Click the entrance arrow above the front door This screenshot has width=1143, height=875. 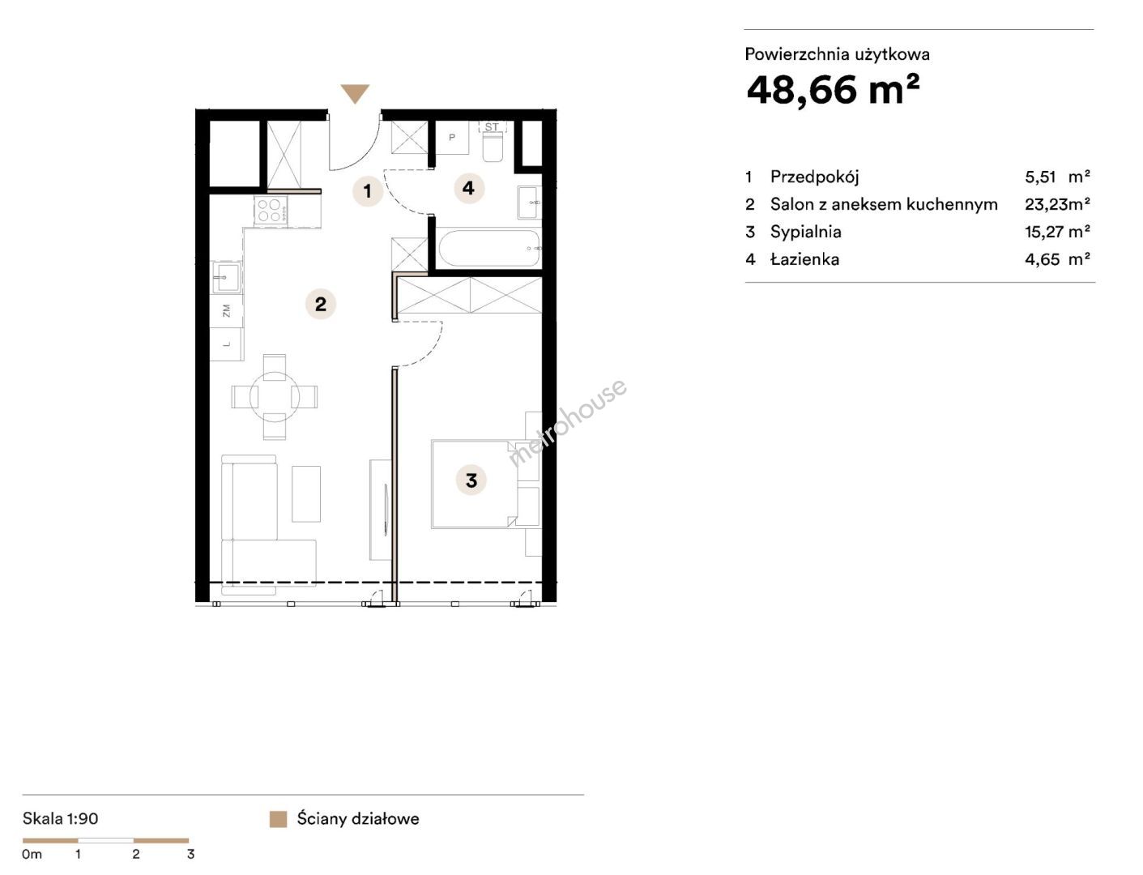[355, 93]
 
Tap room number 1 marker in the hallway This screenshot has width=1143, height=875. [368, 191]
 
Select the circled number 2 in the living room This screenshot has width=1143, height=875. [320, 304]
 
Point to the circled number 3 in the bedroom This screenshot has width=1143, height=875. [471, 480]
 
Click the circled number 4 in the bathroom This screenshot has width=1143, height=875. [469, 188]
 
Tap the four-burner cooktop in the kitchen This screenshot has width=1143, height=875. [271, 210]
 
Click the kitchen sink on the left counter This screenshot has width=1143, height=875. [226, 277]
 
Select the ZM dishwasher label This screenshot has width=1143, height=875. [227, 311]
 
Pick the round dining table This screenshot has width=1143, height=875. [275, 397]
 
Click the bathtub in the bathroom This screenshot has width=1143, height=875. [488, 249]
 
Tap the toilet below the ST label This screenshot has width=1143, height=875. [493, 146]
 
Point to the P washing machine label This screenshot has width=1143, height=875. [452, 138]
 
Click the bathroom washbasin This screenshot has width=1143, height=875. [529, 202]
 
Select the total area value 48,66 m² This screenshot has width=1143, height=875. [833, 89]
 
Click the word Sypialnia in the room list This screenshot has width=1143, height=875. [805, 232]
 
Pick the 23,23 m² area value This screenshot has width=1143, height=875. [1057, 204]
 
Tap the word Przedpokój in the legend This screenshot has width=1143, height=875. [814, 177]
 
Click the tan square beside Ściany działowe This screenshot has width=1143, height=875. [278, 819]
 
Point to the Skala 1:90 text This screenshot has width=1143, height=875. [61, 819]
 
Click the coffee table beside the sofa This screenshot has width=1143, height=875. [305, 493]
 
